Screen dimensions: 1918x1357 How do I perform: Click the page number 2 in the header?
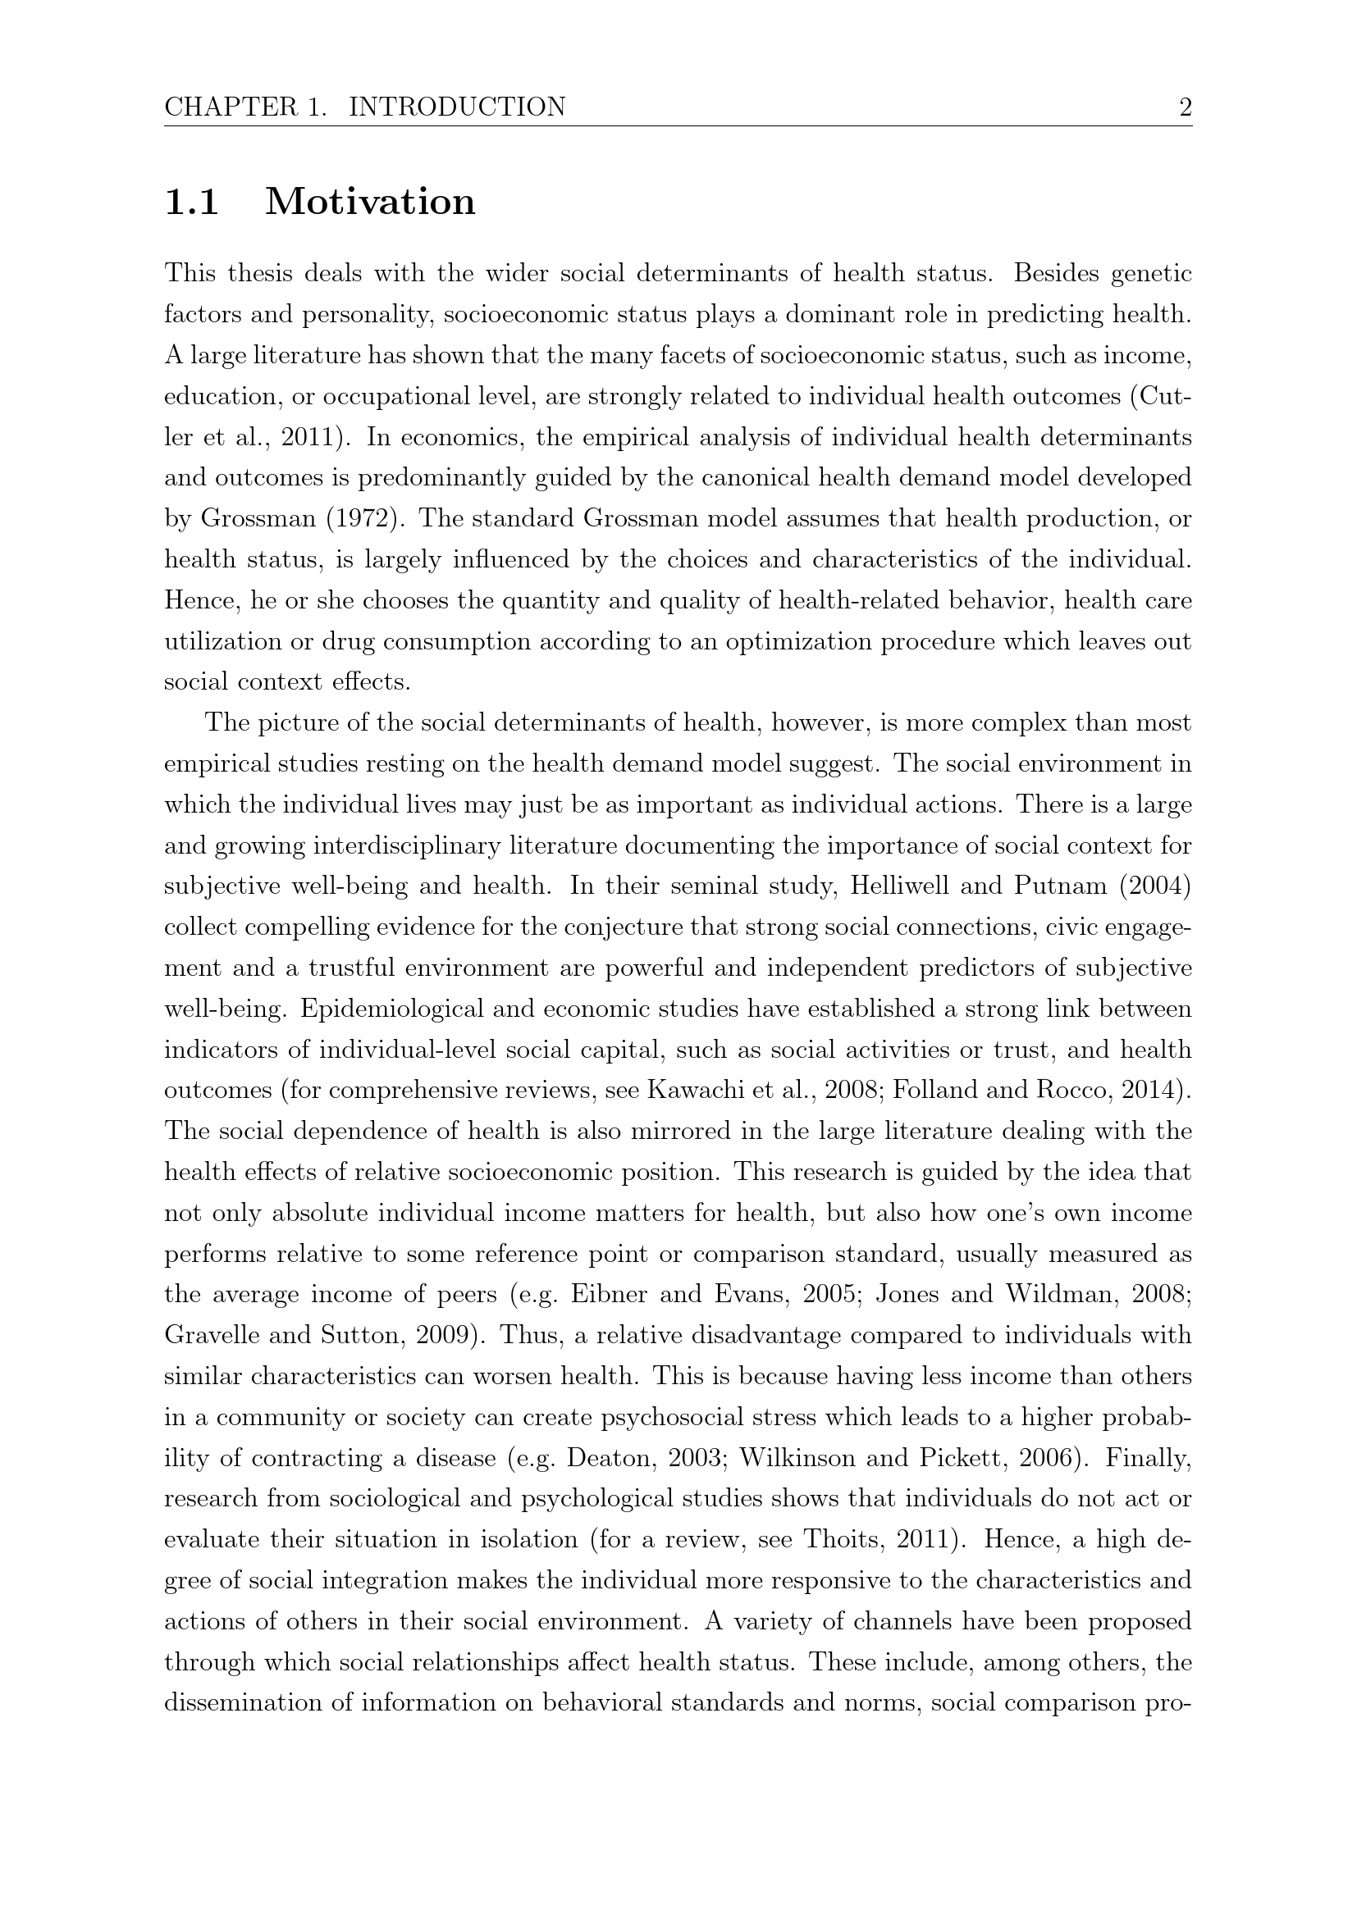click(x=1184, y=107)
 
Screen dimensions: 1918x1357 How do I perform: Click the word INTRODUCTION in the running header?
click(x=456, y=107)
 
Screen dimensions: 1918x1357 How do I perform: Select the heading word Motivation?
click(x=370, y=203)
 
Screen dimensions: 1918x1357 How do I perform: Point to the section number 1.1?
click(x=192, y=203)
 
